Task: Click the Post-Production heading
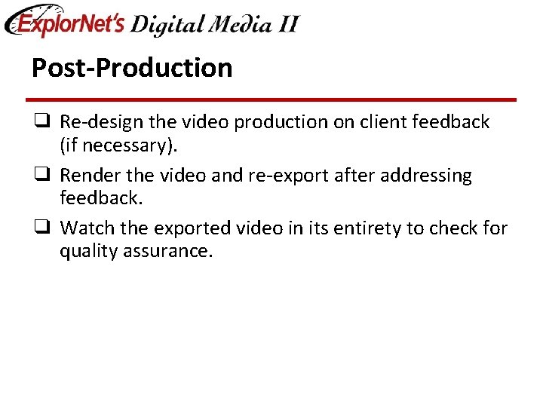(x=132, y=68)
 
